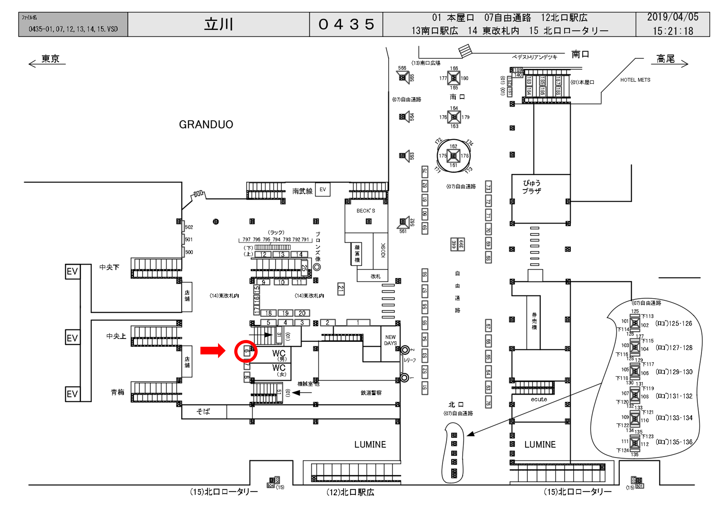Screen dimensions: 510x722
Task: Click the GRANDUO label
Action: click(x=206, y=125)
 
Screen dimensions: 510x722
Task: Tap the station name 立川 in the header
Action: click(x=219, y=24)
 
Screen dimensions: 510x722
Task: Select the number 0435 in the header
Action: click(x=346, y=24)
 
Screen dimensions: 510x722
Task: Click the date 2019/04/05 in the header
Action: click(x=672, y=17)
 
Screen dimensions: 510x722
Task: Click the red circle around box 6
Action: click(x=246, y=351)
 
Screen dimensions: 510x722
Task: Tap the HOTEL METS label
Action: click(x=635, y=80)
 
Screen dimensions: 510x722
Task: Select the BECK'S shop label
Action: click(x=366, y=211)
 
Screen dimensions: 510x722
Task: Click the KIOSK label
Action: click(x=383, y=250)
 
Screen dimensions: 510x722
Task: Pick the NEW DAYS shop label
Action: click(x=390, y=340)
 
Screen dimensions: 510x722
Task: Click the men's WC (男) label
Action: click(x=279, y=355)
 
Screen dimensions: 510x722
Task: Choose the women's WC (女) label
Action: click(x=279, y=370)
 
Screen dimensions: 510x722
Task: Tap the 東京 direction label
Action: click(x=50, y=59)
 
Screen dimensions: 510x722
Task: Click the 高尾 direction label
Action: click(x=665, y=59)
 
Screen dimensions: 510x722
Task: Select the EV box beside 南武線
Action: click(x=323, y=189)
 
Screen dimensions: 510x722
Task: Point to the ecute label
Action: click(x=539, y=399)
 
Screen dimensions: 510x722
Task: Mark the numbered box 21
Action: click(x=341, y=289)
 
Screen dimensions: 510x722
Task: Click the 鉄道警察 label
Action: click(x=371, y=393)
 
